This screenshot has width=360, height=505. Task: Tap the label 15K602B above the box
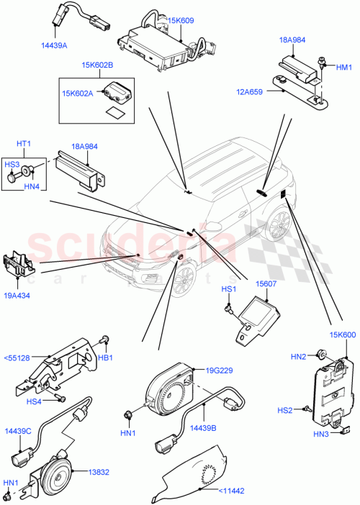coord(98,65)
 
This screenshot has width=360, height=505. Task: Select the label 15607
coord(256,284)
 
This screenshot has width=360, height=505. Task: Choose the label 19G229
coord(217,370)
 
